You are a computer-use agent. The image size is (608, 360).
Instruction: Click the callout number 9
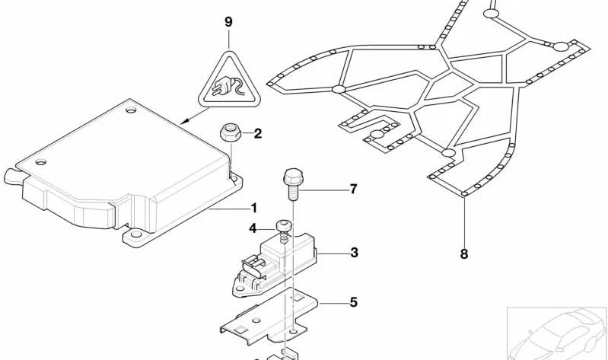[x=228, y=21]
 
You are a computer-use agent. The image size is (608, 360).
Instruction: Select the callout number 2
[x=257, y=135]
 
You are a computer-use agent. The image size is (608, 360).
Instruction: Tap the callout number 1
[x=253, y=208]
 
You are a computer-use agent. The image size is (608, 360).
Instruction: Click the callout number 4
[x=253, y=227]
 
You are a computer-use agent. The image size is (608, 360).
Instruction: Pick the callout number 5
[x=353, y=302]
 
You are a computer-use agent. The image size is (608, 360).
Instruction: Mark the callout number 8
[x=464, y=254]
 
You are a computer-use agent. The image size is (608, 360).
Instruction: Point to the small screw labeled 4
[x=284, y=228]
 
